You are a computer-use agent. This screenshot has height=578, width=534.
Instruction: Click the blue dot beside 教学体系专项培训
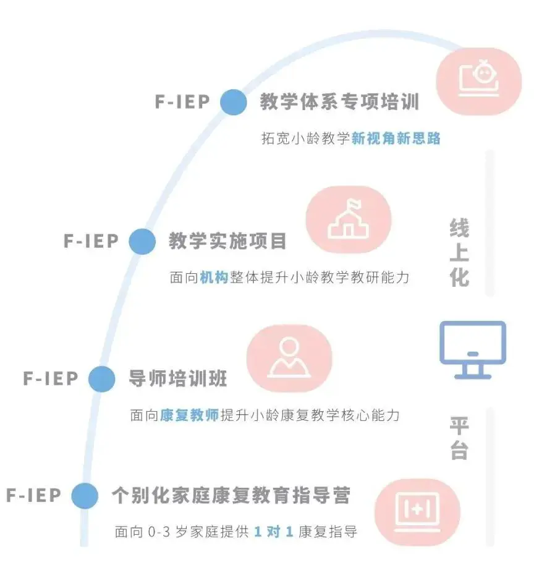pos(234,102)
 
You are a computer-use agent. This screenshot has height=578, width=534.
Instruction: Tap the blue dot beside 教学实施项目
pos(142,241)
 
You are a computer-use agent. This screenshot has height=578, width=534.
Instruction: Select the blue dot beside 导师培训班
pos(102,378)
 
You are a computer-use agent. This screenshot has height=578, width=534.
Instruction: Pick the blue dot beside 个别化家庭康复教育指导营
pos(85,495)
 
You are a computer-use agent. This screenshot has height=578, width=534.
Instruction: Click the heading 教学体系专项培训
pos(339,102)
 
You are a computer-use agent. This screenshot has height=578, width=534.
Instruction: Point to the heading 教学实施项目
pos(228,241)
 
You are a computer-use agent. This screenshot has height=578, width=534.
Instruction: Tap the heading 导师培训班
pos(178,378)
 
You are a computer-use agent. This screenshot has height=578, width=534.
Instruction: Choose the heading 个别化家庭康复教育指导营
pos(231,495)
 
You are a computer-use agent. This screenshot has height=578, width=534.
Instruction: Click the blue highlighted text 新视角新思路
pos(396,138)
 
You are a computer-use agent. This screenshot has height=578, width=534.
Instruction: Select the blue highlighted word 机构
pos(214,277)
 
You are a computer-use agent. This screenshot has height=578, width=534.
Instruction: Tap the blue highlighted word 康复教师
pos(189,415)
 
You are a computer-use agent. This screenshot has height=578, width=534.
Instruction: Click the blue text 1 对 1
pos(273,532)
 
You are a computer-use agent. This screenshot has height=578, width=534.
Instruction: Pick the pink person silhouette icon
pos(289,358)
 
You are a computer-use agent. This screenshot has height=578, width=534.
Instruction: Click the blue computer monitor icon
pos(473,349)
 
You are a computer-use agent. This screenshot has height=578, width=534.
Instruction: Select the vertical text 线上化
pos(459,253)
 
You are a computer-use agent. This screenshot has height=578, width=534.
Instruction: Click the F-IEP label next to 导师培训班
pos(51,378)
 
